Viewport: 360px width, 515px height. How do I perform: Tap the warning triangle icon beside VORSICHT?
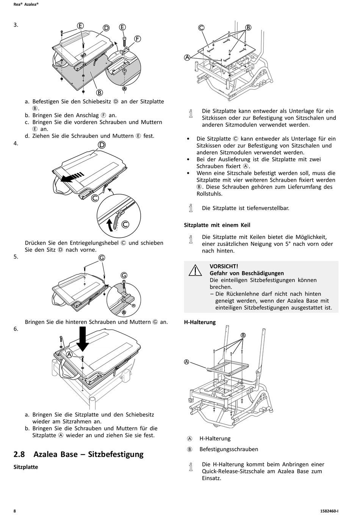196,270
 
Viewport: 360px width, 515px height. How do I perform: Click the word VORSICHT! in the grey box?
224,266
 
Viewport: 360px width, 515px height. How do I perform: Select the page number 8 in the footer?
15,511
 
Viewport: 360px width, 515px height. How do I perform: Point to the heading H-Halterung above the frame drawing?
200,322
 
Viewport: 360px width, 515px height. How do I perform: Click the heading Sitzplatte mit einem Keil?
217,225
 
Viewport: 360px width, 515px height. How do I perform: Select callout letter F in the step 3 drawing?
137,39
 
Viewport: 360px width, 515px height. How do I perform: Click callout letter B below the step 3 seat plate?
99,92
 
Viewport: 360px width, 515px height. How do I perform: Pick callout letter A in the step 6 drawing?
70,354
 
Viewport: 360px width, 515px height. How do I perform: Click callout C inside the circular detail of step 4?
125,224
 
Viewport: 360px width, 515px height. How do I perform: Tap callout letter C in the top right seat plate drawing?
201,27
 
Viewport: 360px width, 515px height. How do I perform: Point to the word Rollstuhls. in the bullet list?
210,194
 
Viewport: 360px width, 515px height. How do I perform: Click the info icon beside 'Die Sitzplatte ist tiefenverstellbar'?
191,208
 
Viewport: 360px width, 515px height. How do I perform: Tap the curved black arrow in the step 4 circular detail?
110,224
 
